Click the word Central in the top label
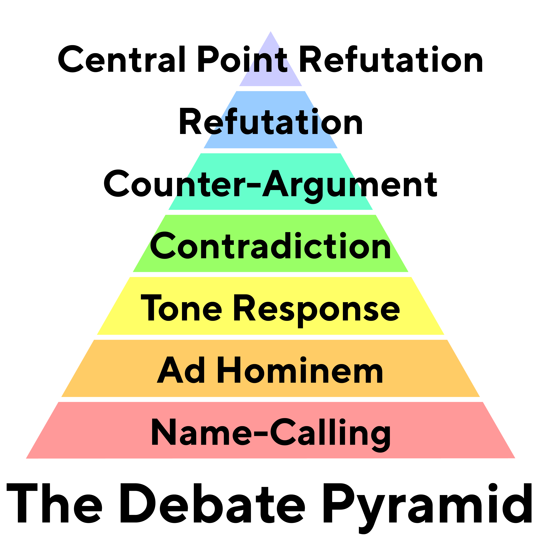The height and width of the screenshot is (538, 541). (x=121, y=59)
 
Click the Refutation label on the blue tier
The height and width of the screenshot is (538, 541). (x=271, y=121)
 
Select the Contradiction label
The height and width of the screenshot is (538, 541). (x=270, y=246)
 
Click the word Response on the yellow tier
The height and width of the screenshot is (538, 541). (x=316, y=311)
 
